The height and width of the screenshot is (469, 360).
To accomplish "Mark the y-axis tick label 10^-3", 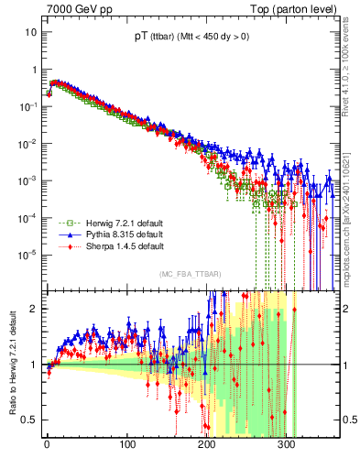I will point(27,180).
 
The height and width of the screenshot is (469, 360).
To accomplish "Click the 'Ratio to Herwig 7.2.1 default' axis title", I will point(12,364).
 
